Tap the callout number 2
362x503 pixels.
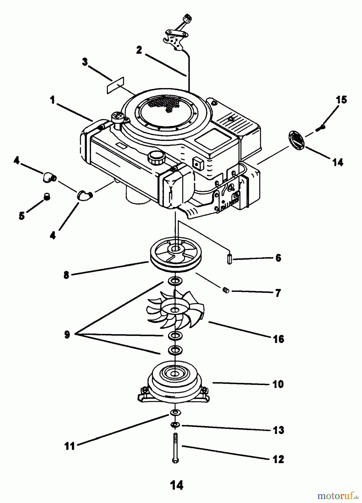click(139, 50)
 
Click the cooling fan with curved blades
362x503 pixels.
click(175, 310)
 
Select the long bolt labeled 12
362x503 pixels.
click(175, 447)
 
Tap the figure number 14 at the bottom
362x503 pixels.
click(177, 485)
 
